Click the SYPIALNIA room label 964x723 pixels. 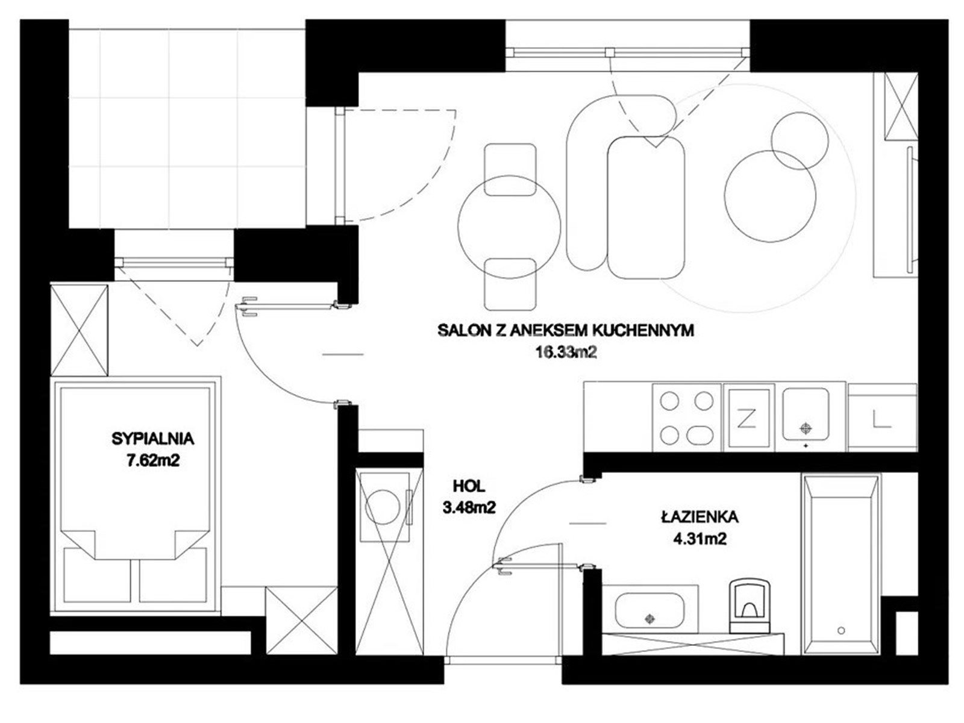[153, 439]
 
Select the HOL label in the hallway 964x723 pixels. [469, 486]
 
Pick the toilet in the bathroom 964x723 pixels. [750, 606]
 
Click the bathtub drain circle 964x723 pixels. [841, 631]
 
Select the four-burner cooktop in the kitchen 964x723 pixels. [687, 418]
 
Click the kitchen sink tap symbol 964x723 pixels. [806, 427]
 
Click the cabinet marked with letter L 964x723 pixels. [882, 418]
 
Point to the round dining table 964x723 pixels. [510, 227]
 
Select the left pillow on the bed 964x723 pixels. [97, 574]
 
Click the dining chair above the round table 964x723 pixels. [510, 169]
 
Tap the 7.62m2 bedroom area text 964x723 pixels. [152, 460]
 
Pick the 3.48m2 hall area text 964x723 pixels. [469, 508]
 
